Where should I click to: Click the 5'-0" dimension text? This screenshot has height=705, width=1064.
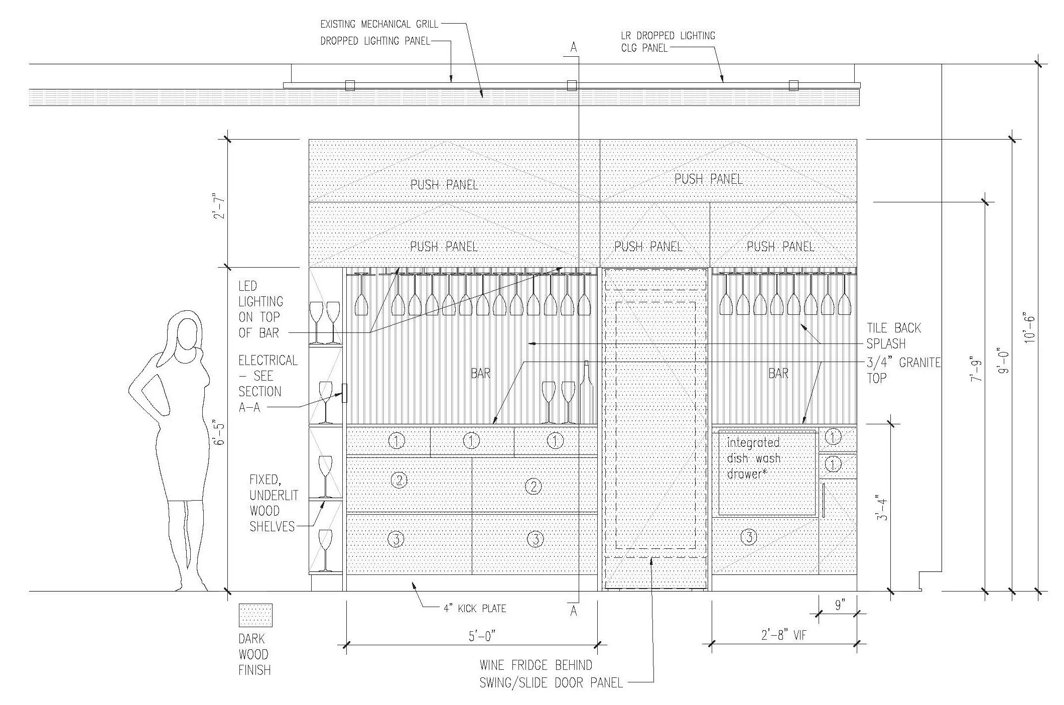pyautogui.click(x=482, y=636)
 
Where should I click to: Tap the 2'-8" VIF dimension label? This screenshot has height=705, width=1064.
pyautogui.click(x=783, y=635)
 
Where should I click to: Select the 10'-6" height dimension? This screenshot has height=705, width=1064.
pyautogui.click(x=1030, y=329)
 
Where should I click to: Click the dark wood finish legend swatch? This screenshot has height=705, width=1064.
pyautogui.click(x=255, y=615)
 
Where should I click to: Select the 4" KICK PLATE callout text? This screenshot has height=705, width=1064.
pyautogui.click(x=474, y=609)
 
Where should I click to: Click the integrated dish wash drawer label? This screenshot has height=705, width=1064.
pyautogui.click(x=753, y=458)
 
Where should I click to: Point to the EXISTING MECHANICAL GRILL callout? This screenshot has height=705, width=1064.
pyautogui.click(x=379, y=24)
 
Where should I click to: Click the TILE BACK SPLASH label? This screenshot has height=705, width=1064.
pyautogui.click(x=893, y=336)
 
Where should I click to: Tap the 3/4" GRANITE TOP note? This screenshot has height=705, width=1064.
pyautogui.click(x=903, y=370)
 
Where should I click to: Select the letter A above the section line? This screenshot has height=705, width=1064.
pyautogui.click(x=574, y=48)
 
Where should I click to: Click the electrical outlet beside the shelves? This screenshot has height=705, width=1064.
pyautogui.click(x=345, y=393)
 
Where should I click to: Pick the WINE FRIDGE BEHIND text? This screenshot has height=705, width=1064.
pyautogui.click(x=536, y=666)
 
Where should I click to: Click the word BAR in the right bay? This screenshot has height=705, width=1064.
pyautogui.click(x=778, y=373)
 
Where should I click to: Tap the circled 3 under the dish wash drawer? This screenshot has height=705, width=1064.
pyautogui.click(x=749, y=537)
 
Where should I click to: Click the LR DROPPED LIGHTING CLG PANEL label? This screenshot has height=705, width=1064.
pyautogui.click(x=668, y=42)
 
